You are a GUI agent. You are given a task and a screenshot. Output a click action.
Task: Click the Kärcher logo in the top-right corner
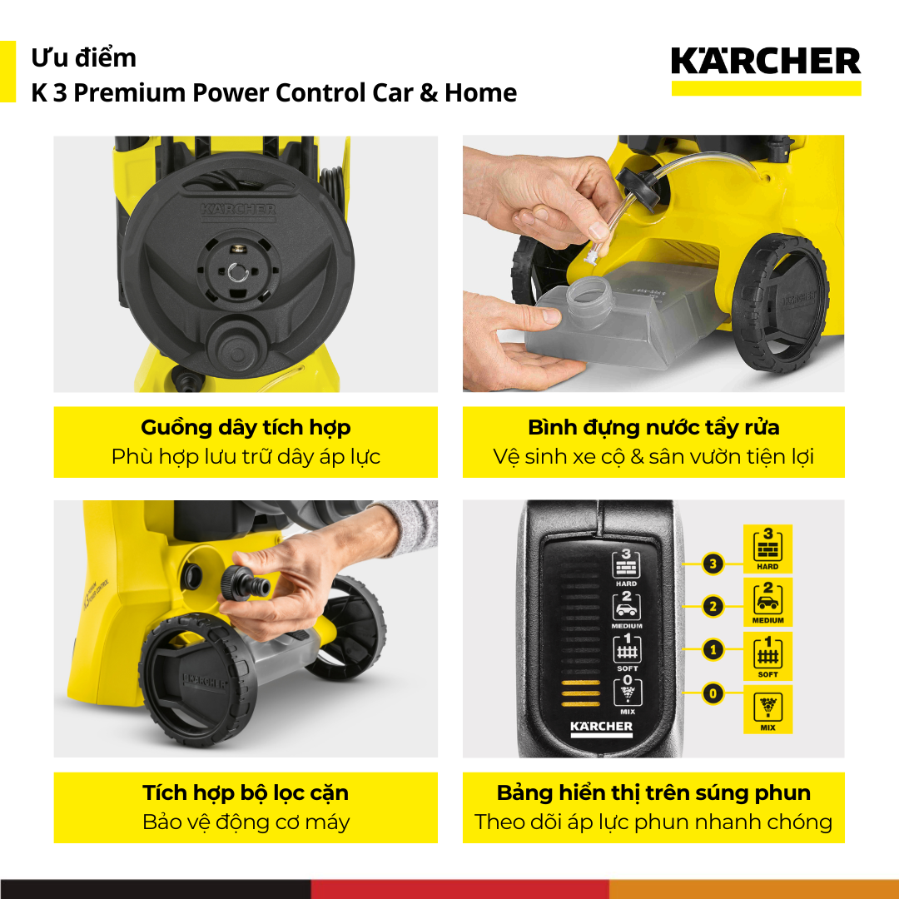click(x=766, y=71)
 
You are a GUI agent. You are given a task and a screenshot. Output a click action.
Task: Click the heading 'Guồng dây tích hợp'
click(x=246, y=427)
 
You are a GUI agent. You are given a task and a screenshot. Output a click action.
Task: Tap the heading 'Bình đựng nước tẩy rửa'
click(x=653, y=427)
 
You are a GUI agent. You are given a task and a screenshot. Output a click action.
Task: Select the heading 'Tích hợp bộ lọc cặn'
click(x=246, y=793)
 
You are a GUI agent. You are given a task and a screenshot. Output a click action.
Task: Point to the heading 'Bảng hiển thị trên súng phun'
click(x=653, y=793)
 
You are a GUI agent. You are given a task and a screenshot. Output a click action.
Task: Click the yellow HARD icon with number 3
click(x=767, y=549)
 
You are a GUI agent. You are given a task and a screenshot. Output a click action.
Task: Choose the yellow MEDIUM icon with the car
click(x=767, y=602)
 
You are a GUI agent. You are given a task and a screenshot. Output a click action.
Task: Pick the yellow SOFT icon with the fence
click(x=767, y=656)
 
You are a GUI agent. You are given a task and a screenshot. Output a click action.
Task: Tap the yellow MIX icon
click(x=767, y=709)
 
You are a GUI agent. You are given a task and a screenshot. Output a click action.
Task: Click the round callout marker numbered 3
click(x=713, y=564)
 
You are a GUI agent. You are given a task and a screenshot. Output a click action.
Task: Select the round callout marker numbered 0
click(x=713, y=693)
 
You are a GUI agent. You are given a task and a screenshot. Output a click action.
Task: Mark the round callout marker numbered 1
click(x=713, y=650)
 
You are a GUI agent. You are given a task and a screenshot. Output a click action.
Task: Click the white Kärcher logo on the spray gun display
click(x=602, y=728)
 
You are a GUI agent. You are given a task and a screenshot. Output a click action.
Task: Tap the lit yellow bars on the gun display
click(x=580, y=693)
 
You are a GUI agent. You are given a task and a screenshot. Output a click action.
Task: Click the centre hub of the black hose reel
click(x=238, y=272)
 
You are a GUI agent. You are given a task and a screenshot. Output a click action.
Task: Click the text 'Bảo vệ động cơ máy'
click(x=246, y=822)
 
